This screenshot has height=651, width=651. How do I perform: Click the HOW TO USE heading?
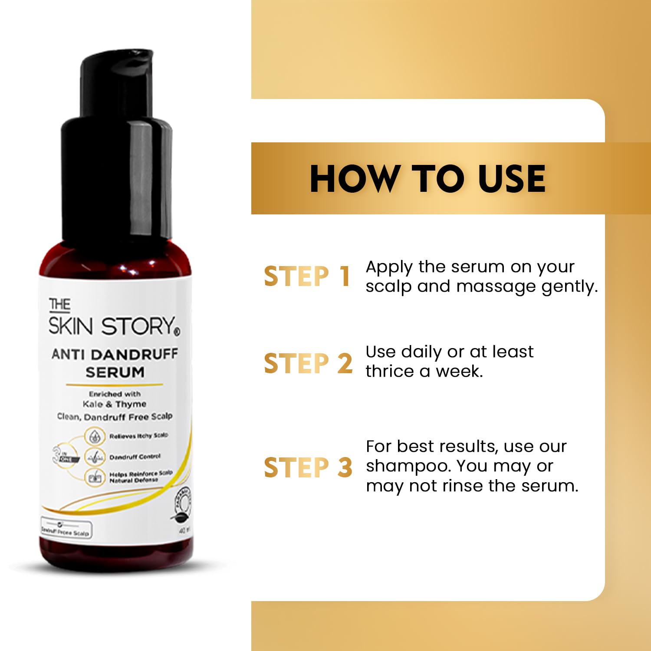427,178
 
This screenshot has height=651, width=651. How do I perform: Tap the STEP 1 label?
307,276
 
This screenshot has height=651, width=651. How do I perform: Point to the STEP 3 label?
308,467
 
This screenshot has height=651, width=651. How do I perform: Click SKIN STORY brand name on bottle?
112,326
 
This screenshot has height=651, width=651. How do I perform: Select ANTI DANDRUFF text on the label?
115,354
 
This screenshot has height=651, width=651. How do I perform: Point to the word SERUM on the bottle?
115,372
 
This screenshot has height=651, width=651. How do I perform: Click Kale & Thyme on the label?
115,404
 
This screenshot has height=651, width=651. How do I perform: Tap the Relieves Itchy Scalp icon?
95,436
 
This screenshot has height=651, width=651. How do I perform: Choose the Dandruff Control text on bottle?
135,457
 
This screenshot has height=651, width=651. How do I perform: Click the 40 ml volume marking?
184,530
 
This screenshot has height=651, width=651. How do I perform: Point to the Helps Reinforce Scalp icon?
95,477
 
